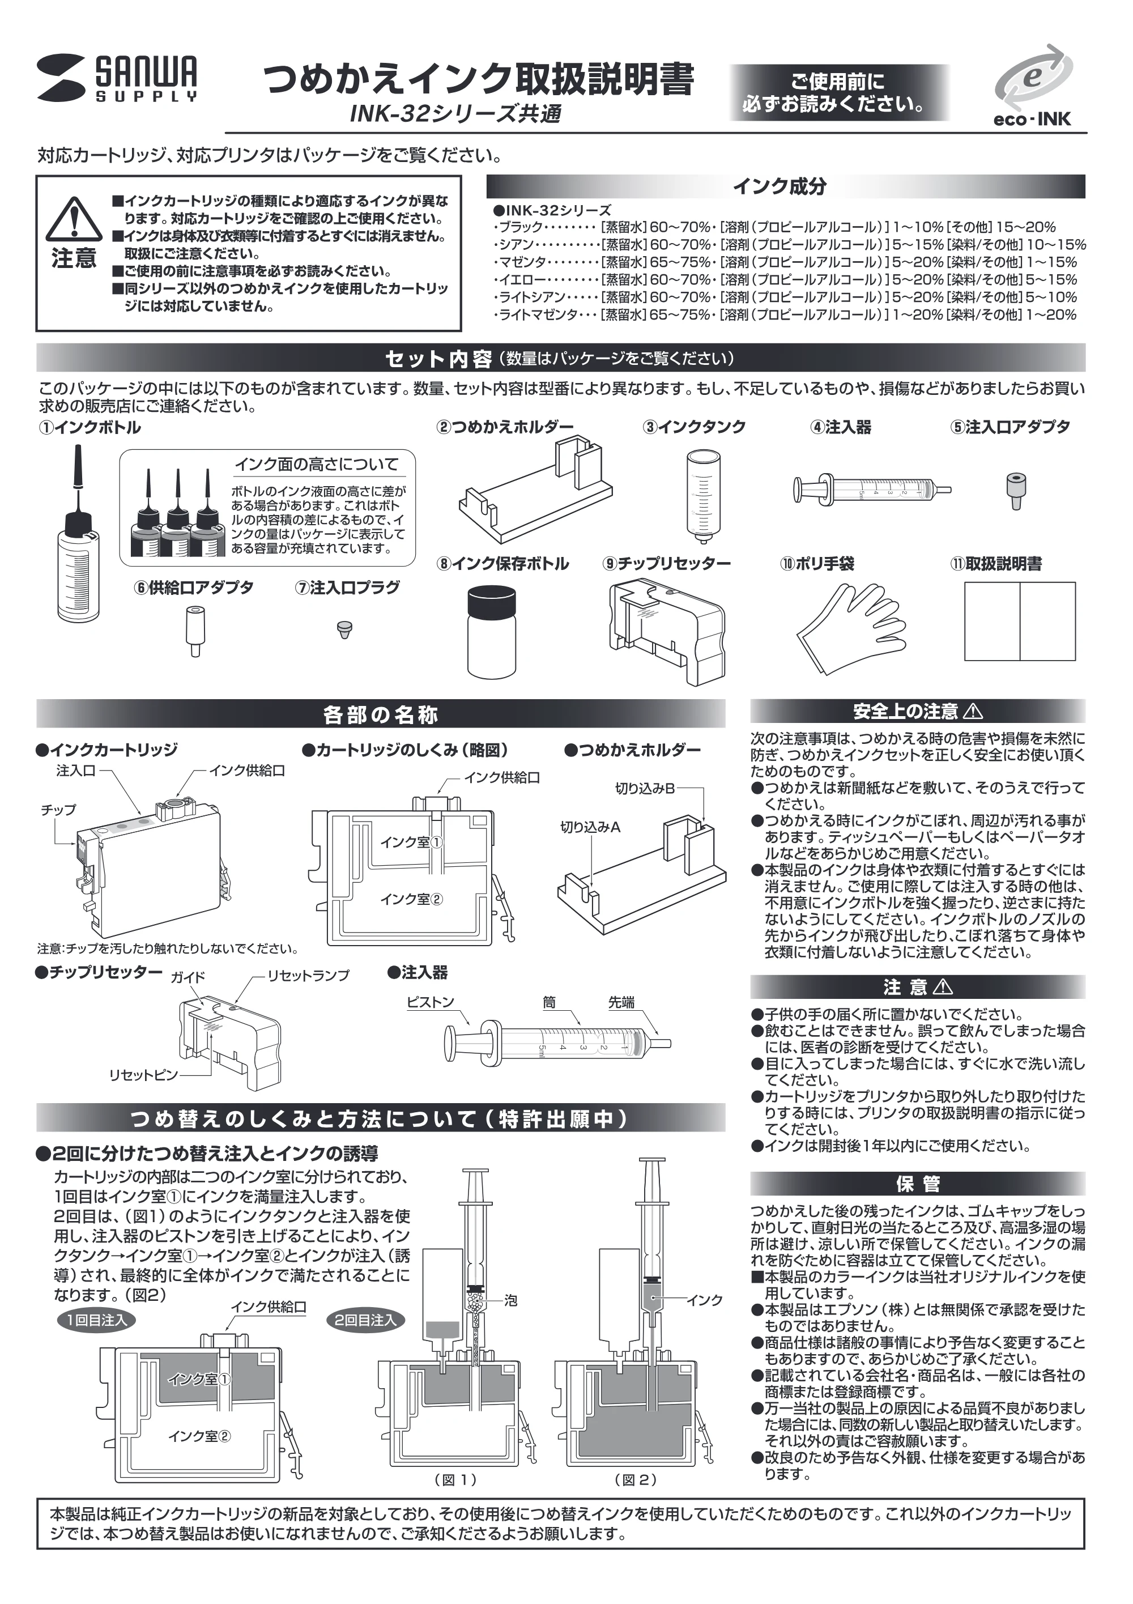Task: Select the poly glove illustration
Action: tap(848, 627)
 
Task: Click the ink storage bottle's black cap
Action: tap(492, 600)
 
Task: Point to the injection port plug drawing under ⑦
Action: tap(344, 629)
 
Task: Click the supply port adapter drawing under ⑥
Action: tap(194, 631)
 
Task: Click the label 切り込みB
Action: tap(645, 789)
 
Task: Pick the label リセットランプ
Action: tap(308, 975)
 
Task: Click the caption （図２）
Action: tap(635, 1479)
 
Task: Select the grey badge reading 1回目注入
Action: tap(97, 1319)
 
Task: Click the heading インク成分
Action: tap(780, 186)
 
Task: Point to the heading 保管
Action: tap(917, 1184)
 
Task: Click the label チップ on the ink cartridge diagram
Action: tap(58, 810)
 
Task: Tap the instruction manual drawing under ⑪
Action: tap(1019, 621)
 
